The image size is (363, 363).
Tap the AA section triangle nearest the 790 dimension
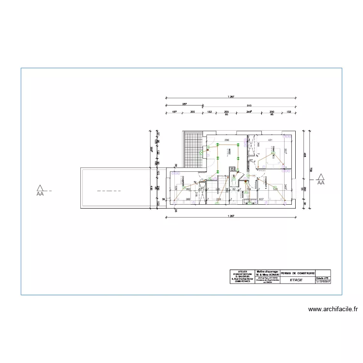(320, 179)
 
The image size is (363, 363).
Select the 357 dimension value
(184, 104)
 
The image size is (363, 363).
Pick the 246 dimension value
(249, 112)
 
